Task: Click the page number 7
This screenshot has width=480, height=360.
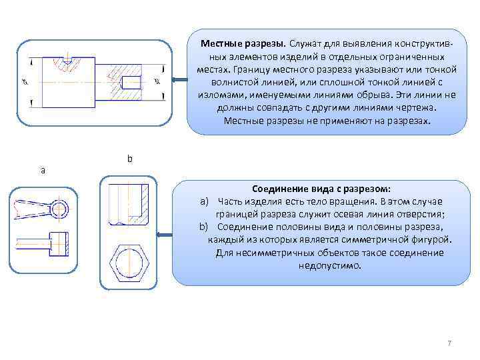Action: click(x=449, y=343)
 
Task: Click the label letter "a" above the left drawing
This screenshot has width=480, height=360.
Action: click(x=43, y=170)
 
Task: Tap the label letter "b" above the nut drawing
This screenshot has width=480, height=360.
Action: click(x=130, y=159)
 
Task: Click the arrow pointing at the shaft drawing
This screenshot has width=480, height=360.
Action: click(x=178, y=80)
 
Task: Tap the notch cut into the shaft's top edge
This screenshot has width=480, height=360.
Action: click(x=67, y=62)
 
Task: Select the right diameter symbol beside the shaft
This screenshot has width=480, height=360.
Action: click(x=157, y=82)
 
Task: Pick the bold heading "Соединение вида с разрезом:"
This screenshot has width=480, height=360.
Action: click(x=321, y=189)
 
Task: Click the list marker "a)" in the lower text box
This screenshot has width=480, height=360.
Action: click(x=204, y=201)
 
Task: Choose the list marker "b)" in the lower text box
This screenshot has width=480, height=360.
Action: click(x=204, y=227)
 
